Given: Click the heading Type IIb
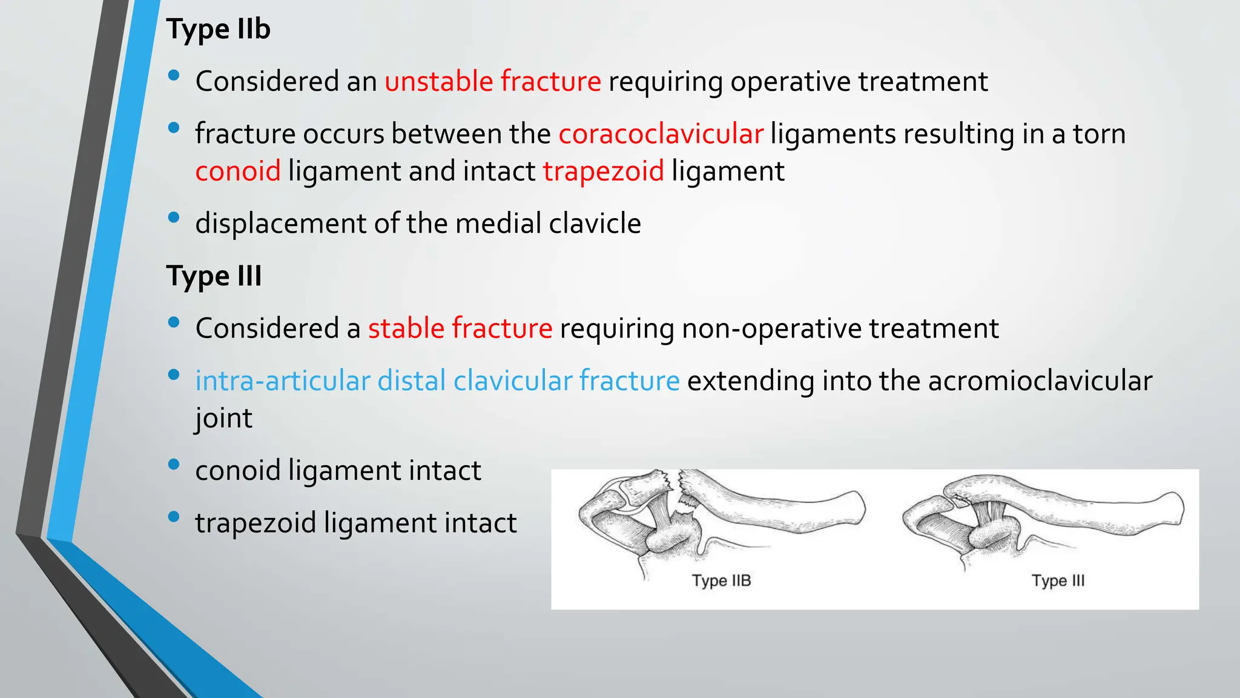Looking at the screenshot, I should point(218,29).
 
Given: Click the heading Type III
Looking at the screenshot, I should point(214,276).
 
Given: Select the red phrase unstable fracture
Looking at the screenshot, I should point(493,81).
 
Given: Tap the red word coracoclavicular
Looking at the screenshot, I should point(661,134).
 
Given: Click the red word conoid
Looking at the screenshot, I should point(238,171).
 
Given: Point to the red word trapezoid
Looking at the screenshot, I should point(603,171).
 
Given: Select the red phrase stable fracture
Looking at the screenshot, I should point(460,328).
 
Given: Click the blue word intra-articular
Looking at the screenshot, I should point(282,381).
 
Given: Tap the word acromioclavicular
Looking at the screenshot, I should point(1040,381).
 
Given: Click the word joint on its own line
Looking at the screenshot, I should point(223,418).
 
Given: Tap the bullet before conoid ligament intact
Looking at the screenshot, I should point(174,465).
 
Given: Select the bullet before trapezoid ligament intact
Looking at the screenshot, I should point(174,517).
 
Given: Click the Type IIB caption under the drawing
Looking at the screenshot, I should point(721,580).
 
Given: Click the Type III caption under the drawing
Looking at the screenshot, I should point(1058,580).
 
